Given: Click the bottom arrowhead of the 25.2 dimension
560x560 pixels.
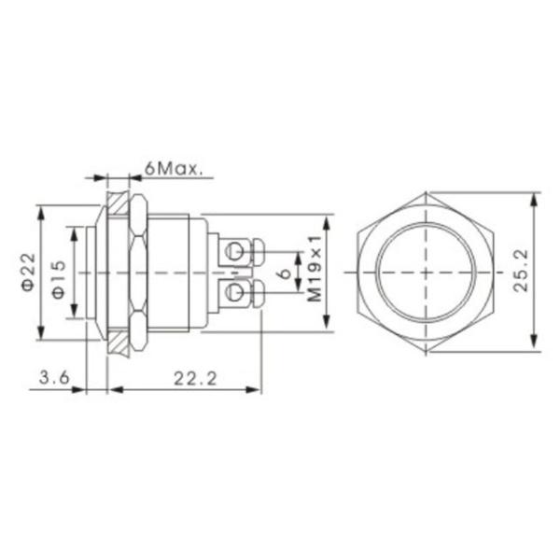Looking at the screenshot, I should pos(534,345).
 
